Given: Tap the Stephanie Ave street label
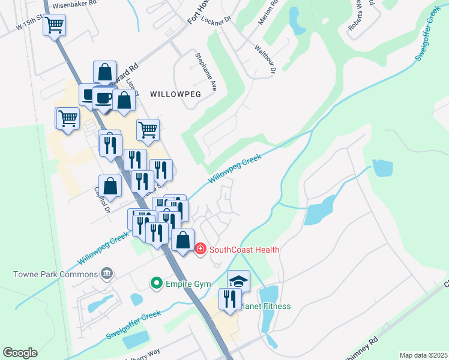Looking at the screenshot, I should tap(205, 71).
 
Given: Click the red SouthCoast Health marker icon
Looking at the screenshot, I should tap(200, 249).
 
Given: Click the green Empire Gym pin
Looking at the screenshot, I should tap(157, 281).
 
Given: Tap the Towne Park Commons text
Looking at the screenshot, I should tap(55, 274).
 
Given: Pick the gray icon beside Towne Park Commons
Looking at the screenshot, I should tap(107, 274).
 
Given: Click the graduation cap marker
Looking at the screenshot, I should tap(238, 281).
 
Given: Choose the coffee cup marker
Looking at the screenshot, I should tap(103, 98).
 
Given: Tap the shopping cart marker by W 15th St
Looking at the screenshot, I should tap(54, 25).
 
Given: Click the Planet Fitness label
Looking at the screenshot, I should tap(267, 306).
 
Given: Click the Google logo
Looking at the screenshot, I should tap(20, 353).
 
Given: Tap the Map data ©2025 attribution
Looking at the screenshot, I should tap(423, 355).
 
